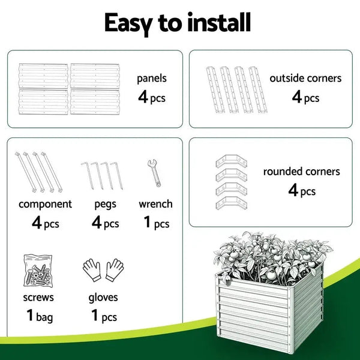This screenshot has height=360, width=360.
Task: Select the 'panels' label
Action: (x=151, y=78)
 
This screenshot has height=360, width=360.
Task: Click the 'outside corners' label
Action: (x=305, y=78)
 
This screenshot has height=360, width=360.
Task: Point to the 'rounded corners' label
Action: (x=302, y=172)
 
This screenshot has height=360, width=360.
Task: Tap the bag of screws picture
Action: (x=39, y=270)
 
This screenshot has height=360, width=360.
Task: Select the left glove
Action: (x=92, y=270)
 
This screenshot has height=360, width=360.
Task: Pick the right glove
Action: (x=114, y=270)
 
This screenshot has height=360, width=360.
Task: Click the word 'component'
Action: (x=45, y=204)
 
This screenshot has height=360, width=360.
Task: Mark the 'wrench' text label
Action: (x=155, y=204)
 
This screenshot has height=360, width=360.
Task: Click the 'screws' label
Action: (x=39, y=297)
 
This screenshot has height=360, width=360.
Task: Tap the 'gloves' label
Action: (x=103, y=298)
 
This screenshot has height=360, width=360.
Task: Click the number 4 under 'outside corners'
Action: (x=296, y=97)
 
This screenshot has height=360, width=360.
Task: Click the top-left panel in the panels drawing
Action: (x=43, y=76)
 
